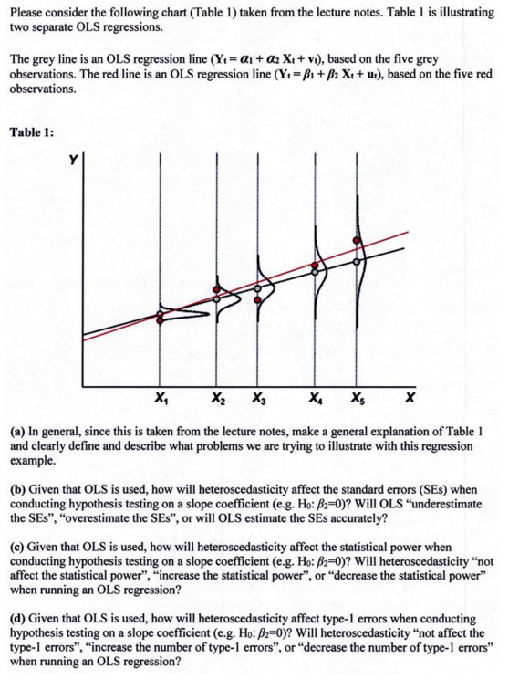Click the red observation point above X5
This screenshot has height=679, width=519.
click(358, 241)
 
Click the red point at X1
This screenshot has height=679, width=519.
click(161, 319)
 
